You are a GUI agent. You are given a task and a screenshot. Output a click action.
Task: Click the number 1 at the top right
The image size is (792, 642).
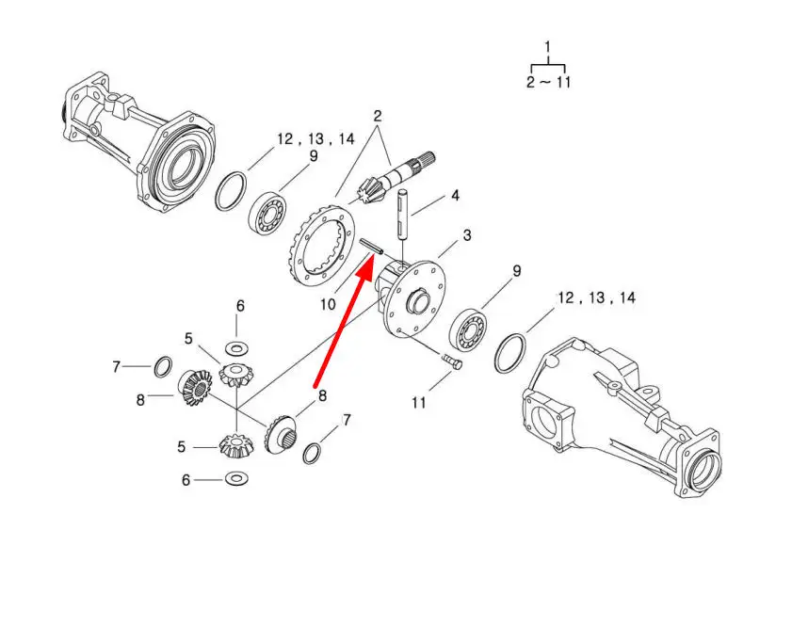(548, 46)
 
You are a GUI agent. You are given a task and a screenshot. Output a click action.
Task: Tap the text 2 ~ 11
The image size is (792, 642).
(548, 82)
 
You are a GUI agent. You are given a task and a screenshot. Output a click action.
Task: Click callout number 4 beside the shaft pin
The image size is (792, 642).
(456, 197)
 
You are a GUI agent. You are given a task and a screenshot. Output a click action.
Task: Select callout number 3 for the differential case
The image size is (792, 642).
(466, 234)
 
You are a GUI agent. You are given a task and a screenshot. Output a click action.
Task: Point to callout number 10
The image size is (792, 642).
(327, 304)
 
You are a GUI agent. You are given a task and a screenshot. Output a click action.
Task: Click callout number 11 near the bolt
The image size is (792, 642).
(418, 402)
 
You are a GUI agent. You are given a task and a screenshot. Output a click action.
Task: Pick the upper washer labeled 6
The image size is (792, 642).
(239, 347)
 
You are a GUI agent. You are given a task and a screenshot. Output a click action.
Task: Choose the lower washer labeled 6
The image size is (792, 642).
(237, 479)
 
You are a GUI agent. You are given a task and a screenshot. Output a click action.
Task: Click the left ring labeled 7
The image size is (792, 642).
(163, 366)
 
